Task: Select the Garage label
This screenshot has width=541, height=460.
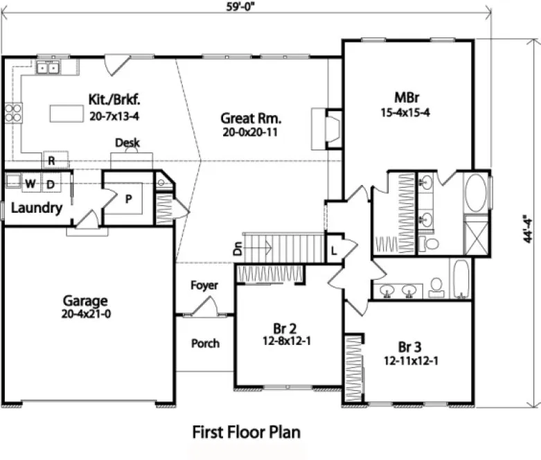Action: [85, 301]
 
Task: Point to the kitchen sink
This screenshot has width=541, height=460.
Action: [48, 67]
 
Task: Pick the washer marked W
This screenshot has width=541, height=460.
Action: [30, 184]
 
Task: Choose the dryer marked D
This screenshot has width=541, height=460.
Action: [51, 184]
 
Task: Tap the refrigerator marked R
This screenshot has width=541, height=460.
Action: [51, 160]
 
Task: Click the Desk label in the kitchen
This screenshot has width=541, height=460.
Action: [127, 143]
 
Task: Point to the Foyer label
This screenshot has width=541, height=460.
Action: [204, 285]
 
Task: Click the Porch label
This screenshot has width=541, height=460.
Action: [205, 343]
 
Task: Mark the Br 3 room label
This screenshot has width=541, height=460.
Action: [410, 347]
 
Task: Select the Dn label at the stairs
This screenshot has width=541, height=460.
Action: [238, 249]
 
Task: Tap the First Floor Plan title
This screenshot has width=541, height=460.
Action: [246, 432]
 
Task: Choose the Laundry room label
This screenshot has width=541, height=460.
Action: [37, 207]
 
